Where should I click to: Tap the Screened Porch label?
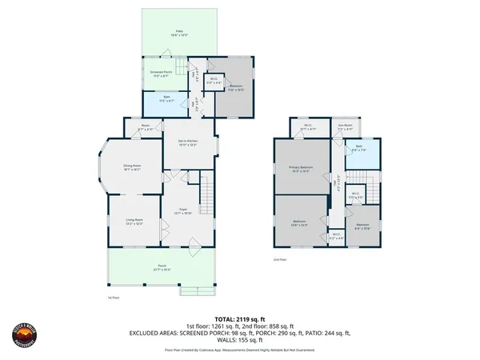[162, 73]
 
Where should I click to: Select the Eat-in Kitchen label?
[187, 143]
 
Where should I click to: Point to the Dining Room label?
[132, 168]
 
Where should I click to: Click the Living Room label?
[134, 221]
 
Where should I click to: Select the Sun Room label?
[344, 126]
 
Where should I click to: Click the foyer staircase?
[206, 194]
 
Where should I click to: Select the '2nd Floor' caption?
[279, 260]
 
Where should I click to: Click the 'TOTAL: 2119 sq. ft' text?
[239, 318]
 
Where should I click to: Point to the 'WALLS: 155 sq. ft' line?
[240, 339]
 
